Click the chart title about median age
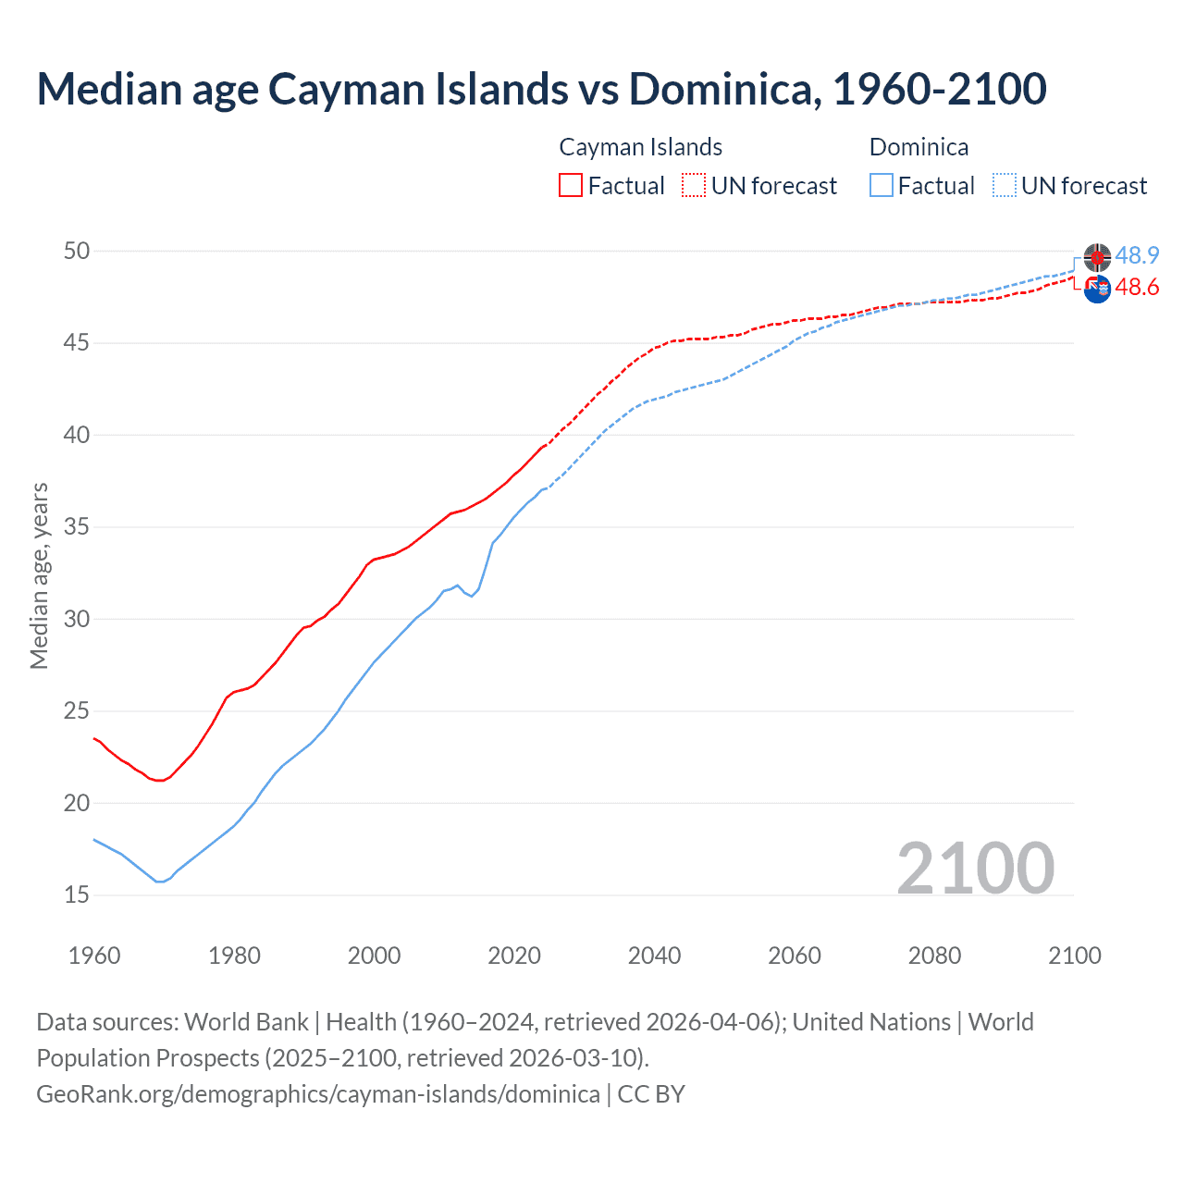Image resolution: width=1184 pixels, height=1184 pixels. pos(541,89)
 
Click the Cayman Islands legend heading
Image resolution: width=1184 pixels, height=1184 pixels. pos(640,147)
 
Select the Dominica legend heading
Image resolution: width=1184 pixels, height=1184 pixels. pos(919,147)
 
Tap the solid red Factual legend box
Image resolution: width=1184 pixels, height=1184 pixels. pos(571,186)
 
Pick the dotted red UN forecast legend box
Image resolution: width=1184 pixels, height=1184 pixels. pos(694,186)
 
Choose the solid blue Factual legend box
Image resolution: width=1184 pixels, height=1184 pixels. pos(882,186)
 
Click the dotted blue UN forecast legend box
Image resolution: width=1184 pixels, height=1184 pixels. pos(1004,186)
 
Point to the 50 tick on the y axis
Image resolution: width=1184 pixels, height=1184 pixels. pos(77,251)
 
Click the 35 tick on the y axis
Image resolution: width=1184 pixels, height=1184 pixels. pos(77,527)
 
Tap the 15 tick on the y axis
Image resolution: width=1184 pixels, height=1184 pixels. pos(77,895)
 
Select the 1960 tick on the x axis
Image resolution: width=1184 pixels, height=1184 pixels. pos(94,956)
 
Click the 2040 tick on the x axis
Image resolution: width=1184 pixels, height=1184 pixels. pos(654,956)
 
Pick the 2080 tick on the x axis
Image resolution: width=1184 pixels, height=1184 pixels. pos(934,956)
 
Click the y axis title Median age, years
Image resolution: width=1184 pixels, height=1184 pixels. pos(39,575)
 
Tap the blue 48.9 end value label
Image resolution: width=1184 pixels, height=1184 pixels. pos(1137,256)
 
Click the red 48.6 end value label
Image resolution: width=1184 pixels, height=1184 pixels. pos(1137,288)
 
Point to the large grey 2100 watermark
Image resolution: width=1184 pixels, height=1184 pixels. pos(975,868)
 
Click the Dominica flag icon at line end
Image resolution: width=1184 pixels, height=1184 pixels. pos(1097,257)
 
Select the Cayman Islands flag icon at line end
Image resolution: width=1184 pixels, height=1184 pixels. pos(1097,290)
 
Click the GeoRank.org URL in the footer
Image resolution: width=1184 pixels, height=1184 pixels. pos(318,1094)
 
